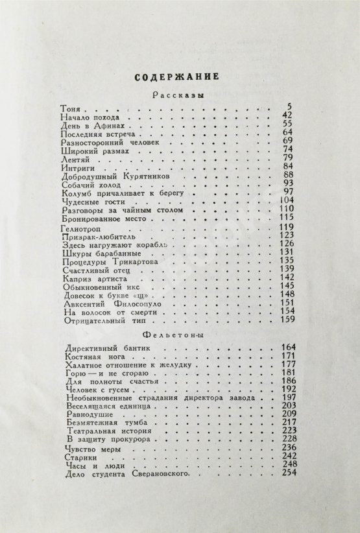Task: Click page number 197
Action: (x=286, y=397)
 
